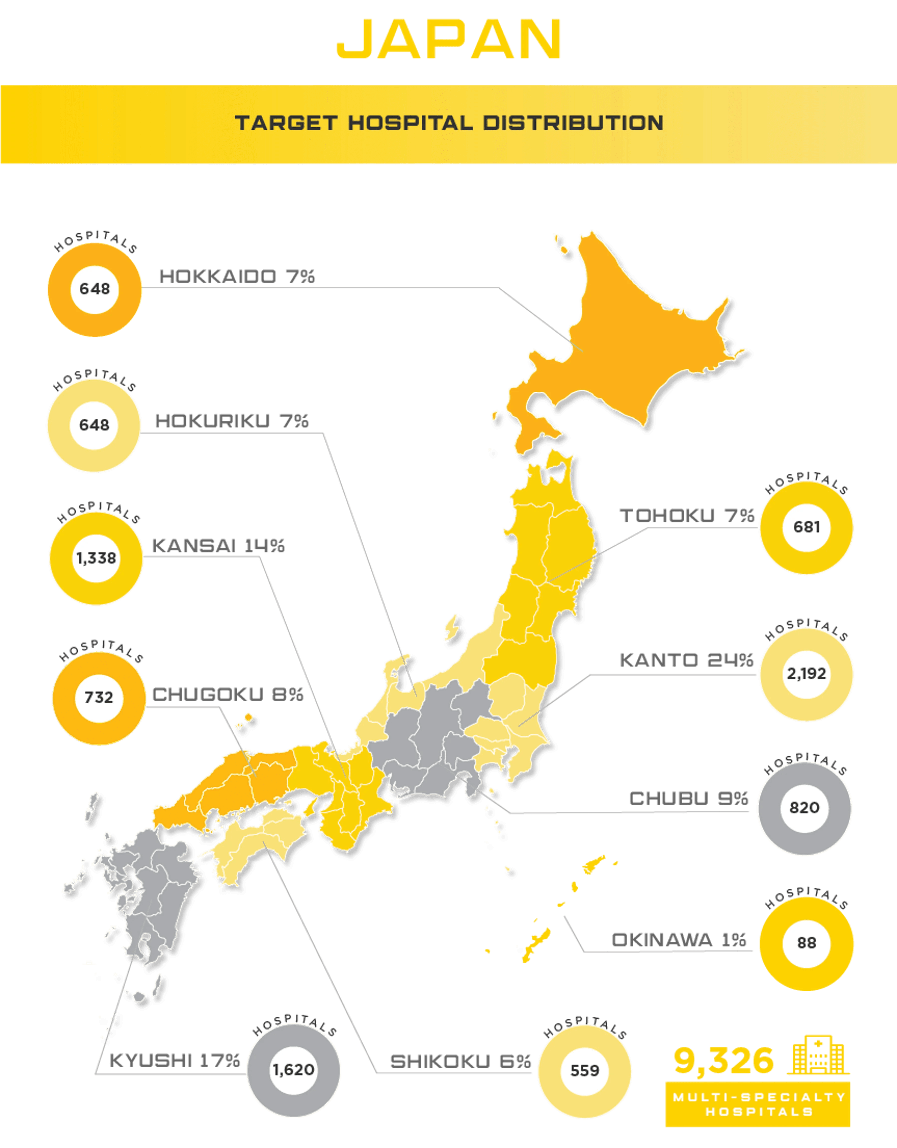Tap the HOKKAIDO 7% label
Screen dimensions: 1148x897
pyautogui.click(x=237, y=277)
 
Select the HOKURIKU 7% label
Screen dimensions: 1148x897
pyautogui.click(x=232, y=421)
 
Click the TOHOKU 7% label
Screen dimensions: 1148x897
pyautogui.click(x=687, y=516)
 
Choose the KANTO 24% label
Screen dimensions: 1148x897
pyautogui.click(x=686, y=660)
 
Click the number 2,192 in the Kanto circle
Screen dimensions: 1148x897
pyautogui.click(x=806, y=674)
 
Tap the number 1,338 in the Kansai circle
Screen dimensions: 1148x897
pyautogui.click(x=96, y=558)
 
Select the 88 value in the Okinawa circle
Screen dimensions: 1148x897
pyautogui.click(x=806, y=943)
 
